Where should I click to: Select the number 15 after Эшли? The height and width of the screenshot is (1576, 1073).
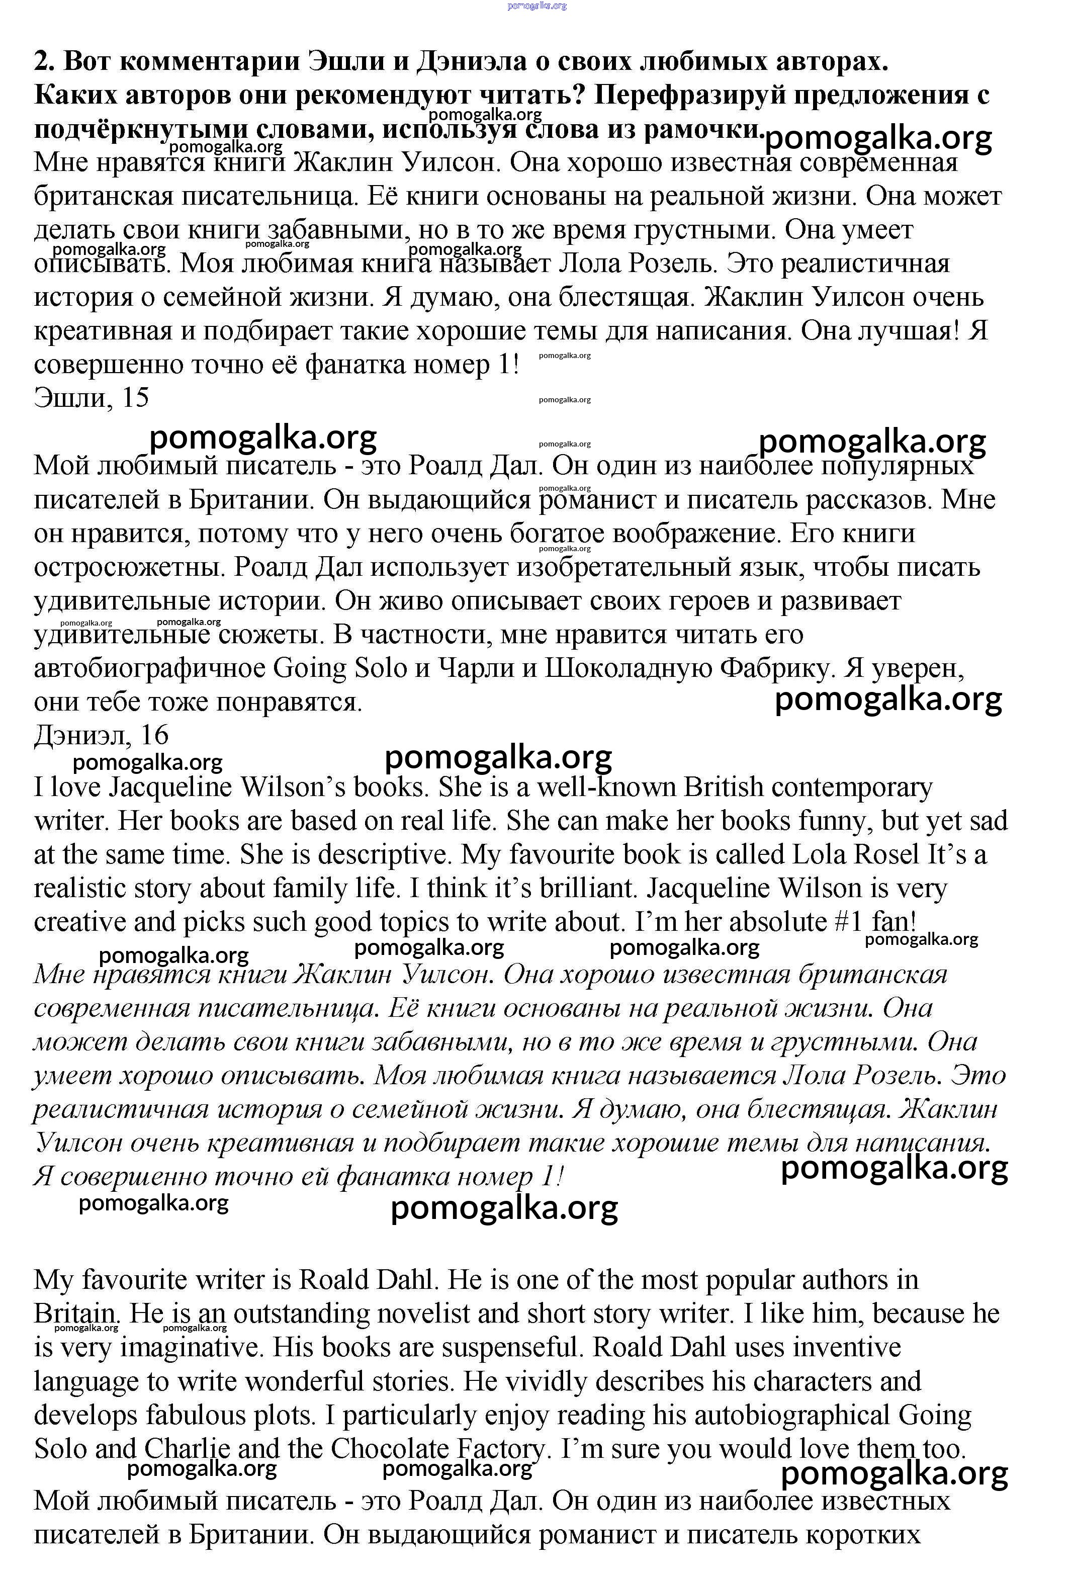point(135,397)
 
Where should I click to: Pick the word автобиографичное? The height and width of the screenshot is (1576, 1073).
point(150,668)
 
